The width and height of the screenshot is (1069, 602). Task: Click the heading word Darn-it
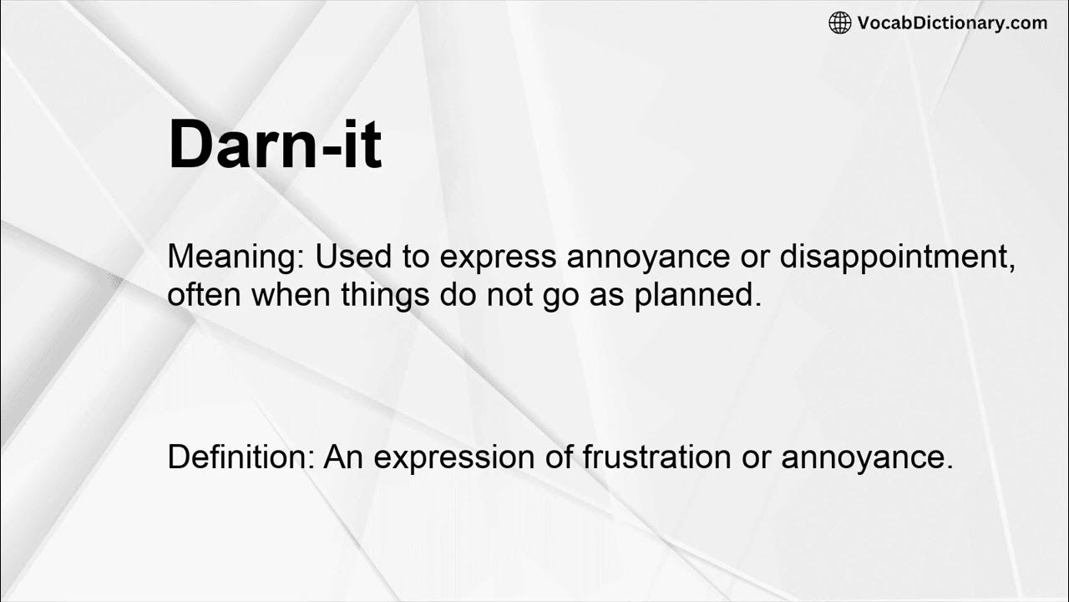[x=275, y=145]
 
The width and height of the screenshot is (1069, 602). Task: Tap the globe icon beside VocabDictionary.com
[x=839, y=23]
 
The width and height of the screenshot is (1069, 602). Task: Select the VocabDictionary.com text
[x=952, y=23]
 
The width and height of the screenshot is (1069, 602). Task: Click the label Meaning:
[x=236, y=257]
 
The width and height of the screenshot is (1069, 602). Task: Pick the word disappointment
[x=898, y=258]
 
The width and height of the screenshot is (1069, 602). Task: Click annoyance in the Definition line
[x=867, y=458]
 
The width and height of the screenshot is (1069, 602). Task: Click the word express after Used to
[x=498, y=258]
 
